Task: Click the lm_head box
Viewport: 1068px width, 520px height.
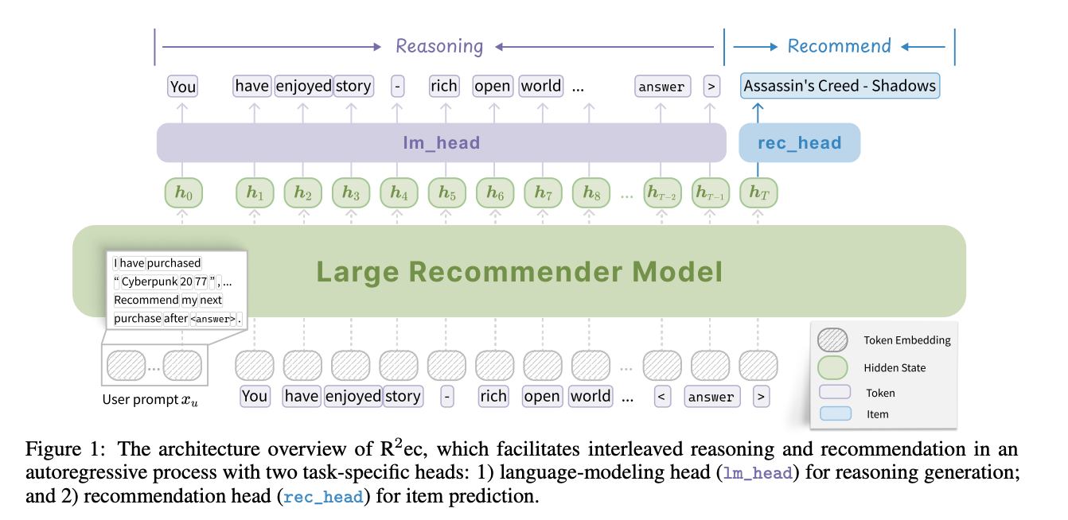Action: [442, 143]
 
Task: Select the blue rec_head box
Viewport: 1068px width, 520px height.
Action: [799, 143]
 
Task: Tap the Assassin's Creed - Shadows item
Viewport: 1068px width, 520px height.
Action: [840, 86]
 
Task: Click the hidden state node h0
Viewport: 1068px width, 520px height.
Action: [183, 193]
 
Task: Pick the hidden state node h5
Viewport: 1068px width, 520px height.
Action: [446, 193]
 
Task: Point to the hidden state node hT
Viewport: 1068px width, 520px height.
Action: [758, 193]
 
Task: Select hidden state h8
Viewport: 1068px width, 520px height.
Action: [591, 193]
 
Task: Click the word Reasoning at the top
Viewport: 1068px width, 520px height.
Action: [439, 46]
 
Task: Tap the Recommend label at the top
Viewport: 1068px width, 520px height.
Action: [839, 46]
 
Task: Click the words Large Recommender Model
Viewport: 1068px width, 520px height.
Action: [519, 272]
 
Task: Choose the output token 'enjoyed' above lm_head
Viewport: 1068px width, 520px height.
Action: [302, 86]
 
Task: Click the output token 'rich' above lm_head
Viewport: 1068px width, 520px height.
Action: [444, 86]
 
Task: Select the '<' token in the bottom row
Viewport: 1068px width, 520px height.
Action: [662, 396]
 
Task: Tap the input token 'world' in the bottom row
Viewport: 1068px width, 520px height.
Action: [591, 396]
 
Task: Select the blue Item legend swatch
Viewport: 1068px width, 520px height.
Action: [836, 413]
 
